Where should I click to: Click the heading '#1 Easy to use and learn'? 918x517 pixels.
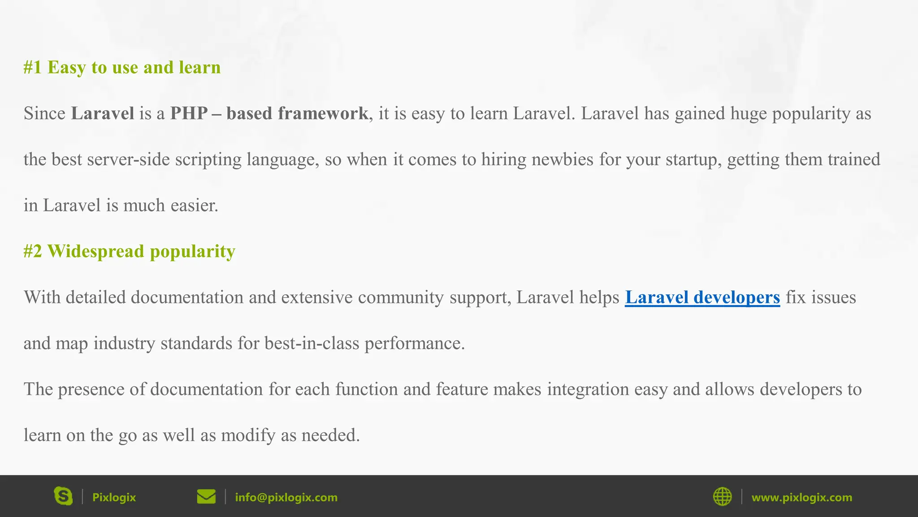coord(122,67)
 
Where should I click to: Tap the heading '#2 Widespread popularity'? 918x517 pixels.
coord(129,251)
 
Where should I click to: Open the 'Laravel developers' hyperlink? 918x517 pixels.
coord(702,298)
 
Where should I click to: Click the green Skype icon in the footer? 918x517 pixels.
coord(63,496)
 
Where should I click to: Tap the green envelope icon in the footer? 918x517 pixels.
coord(206,496)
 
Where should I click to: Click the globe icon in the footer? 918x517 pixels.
coord(722,496)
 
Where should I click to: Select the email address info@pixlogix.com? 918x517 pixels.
coord(286,497)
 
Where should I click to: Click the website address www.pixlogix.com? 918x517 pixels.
coord(801,497)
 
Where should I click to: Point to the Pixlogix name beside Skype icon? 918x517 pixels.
coord(114,497)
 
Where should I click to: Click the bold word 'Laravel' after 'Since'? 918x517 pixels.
coord(103,114)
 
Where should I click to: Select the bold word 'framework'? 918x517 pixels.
coord(323,114)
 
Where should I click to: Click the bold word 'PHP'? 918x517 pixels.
coord(189,114)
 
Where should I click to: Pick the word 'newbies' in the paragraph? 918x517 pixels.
coord(562,160)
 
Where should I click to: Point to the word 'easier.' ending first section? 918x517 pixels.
coord(194,206)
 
